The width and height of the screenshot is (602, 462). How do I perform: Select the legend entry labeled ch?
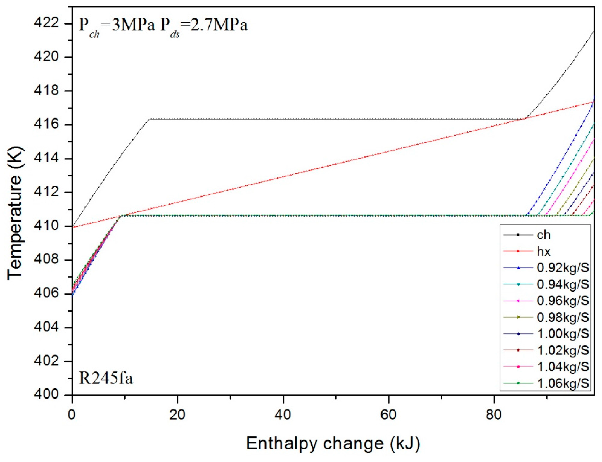point(543,235)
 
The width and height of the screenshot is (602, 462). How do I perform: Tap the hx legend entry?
point(543,251)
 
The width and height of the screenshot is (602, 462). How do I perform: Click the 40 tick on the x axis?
point(283,415)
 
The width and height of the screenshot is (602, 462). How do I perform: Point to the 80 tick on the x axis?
point(494,415)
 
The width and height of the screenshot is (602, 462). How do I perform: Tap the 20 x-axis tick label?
point(177,415)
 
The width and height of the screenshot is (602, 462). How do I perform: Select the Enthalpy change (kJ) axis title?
point(333,444)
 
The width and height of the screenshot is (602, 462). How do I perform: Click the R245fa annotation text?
point(106,378)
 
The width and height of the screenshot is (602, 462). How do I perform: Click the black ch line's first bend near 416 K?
point(150,119)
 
